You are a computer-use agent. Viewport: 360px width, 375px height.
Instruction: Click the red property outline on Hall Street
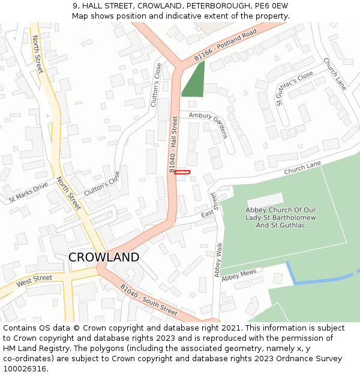(x=182, y=172)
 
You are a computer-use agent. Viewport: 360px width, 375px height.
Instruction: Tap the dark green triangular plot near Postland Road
(x=194, y=82)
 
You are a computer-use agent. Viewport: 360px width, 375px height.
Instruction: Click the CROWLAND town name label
(x=104, y=257)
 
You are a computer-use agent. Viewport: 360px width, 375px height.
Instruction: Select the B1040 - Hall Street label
(x=175, y=145)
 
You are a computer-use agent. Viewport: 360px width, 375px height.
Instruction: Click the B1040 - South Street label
(x=149, y=300)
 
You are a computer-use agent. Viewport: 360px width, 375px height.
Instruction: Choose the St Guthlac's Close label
(x=295, y=88)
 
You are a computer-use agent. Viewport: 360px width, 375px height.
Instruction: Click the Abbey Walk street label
(x=218, y=259)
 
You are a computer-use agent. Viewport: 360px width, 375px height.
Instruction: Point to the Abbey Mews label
(x=239, y=276)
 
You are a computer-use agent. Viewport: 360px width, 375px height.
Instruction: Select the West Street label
(x=34, y=280)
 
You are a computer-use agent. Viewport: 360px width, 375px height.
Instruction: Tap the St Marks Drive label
(x=28, y=193)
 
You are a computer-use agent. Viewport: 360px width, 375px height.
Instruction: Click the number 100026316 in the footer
(x=25, y=369)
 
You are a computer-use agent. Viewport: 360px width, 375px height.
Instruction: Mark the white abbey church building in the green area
(x=265, y=200)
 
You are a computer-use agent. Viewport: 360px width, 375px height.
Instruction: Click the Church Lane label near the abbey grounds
(x=303, y=167)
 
